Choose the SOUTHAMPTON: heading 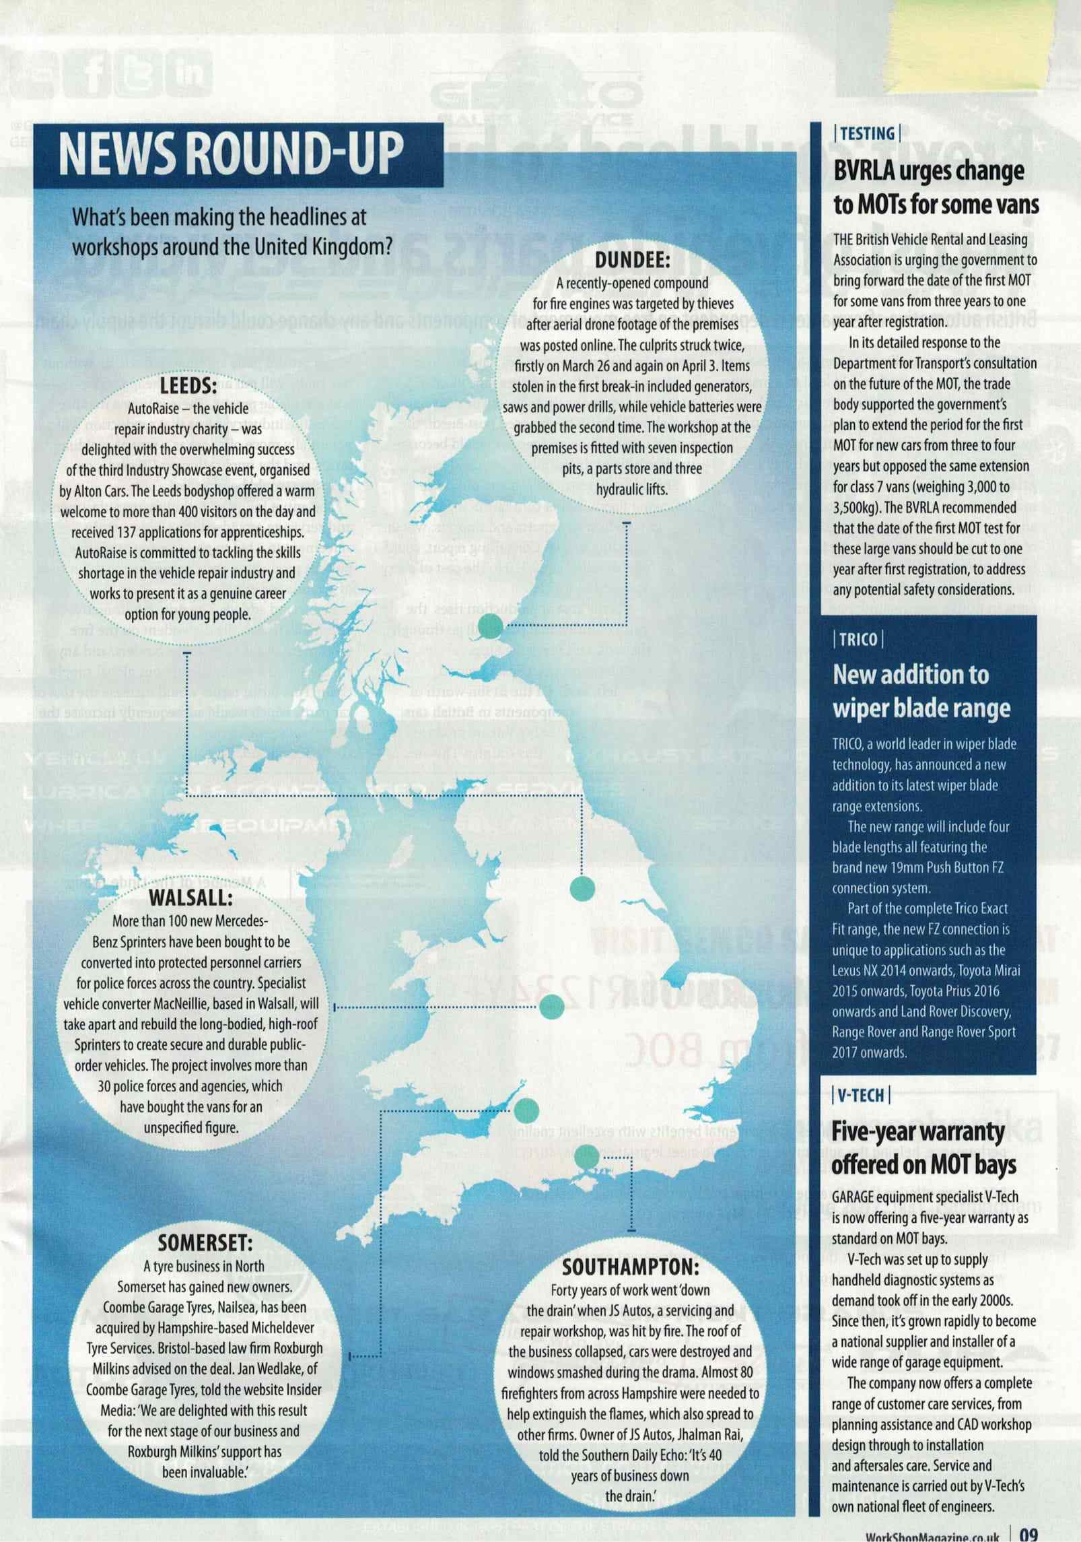pyautogui.click(x=631, y=1267)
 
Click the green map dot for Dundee pyautogui.click(x=491, y=626)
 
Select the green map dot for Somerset pyautogui.click(x=527, y=1108)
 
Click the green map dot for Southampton pyautogui.click(x=587, y=1155)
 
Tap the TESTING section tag pyautogui.click(x=867, y=133)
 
